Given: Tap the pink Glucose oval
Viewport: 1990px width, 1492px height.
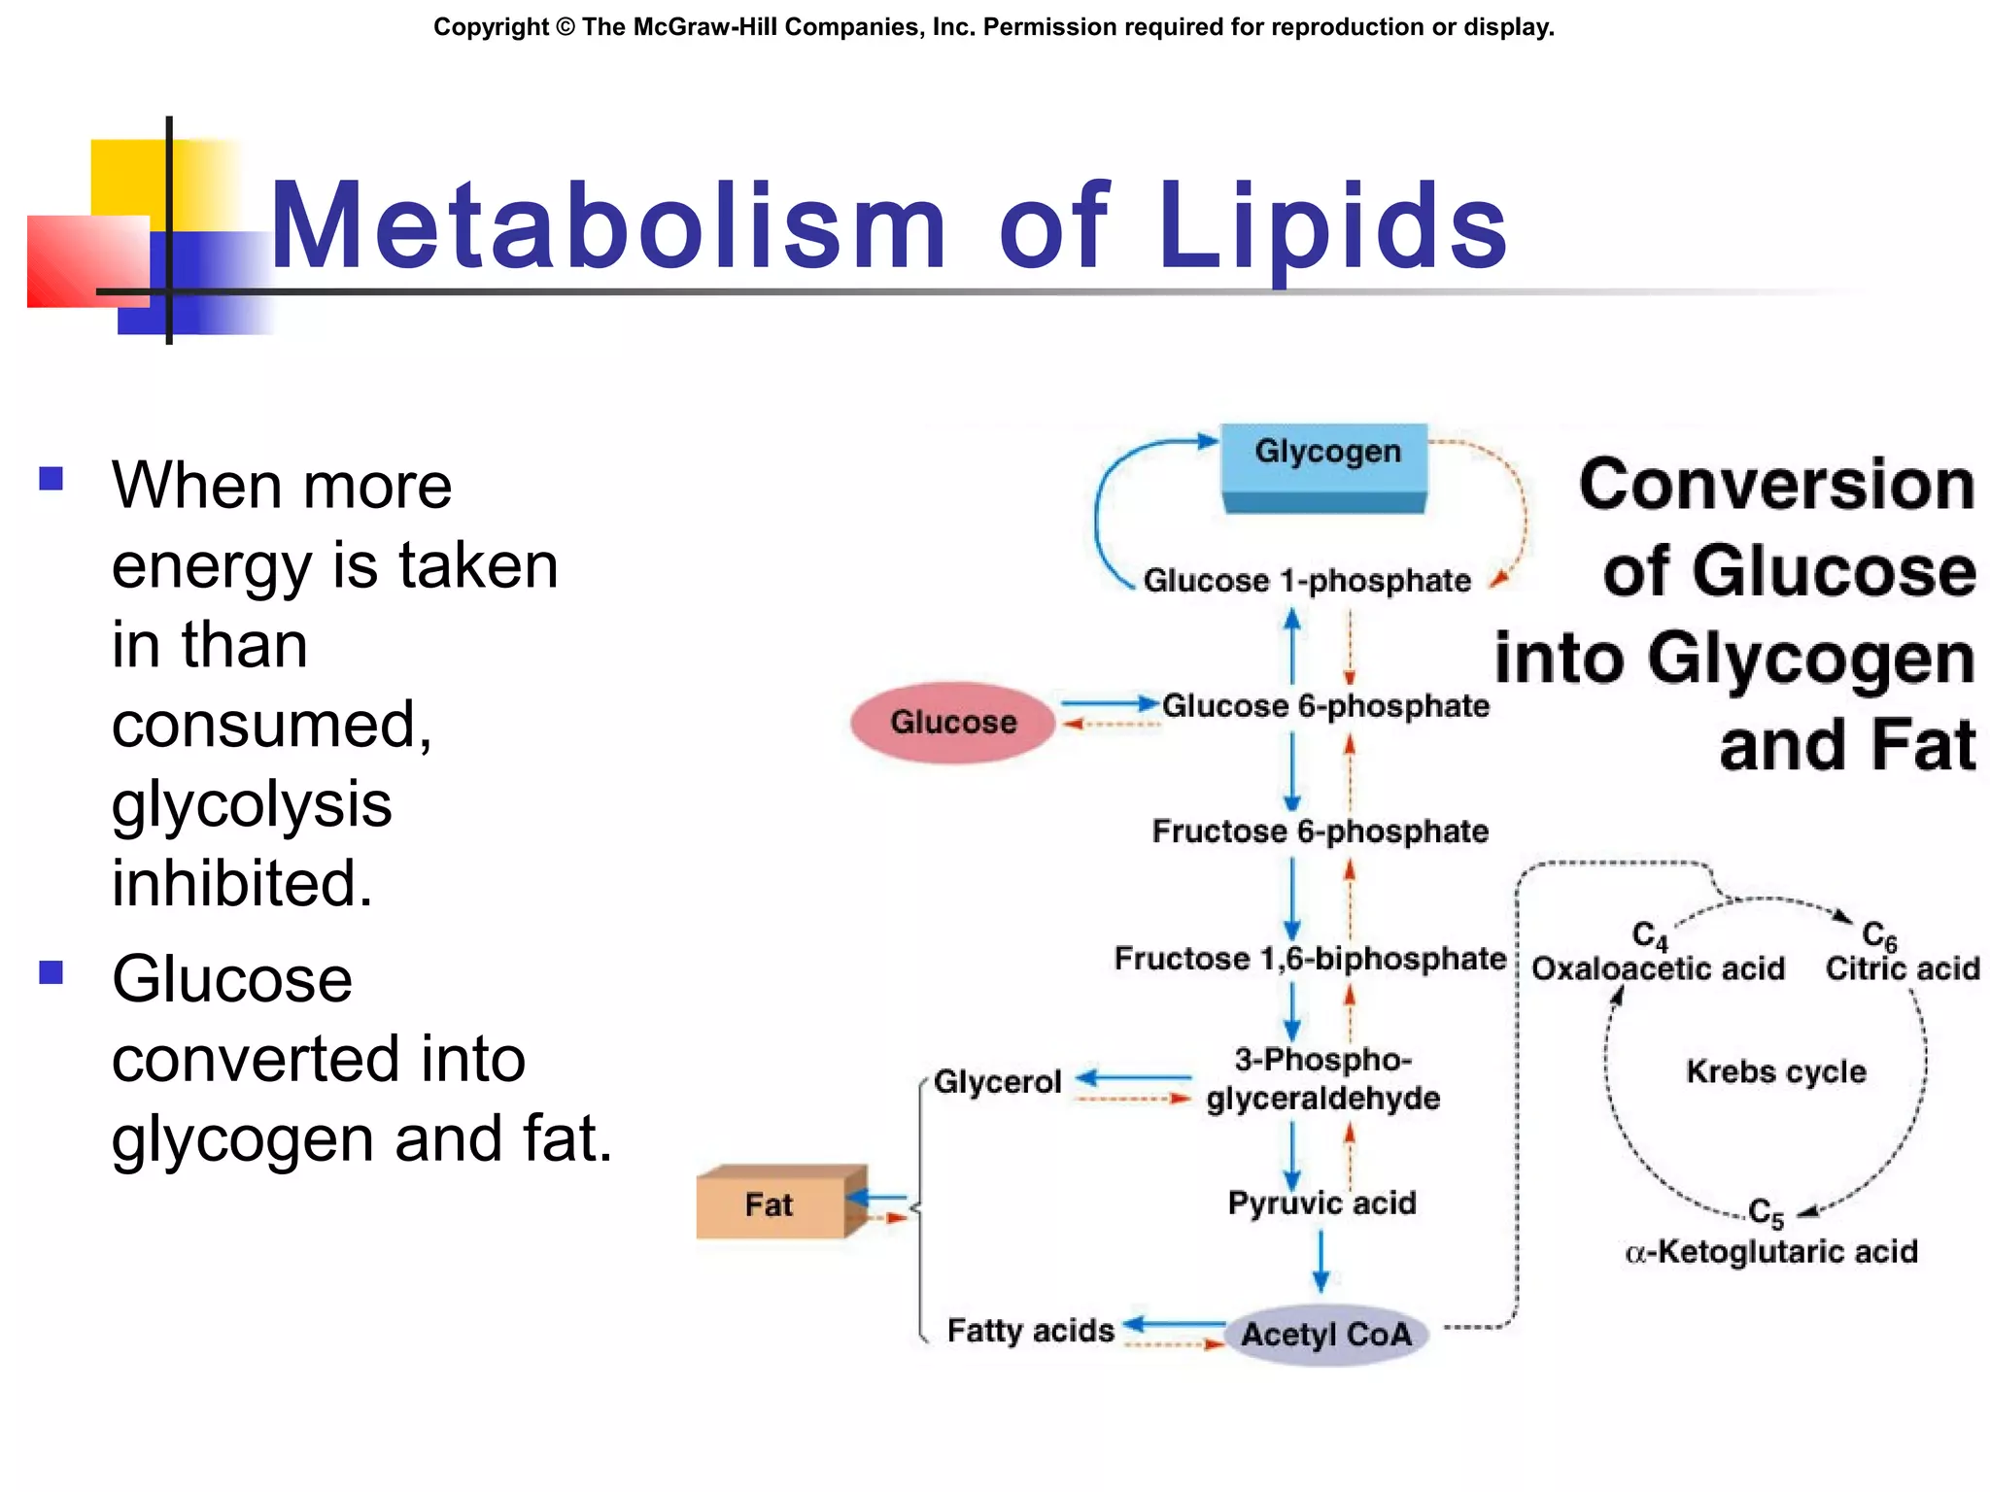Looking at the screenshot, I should point(953,722).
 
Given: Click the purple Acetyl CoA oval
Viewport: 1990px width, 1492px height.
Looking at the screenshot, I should point(1326,1335).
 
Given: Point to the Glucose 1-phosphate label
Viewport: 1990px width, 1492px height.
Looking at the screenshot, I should point(1306,581).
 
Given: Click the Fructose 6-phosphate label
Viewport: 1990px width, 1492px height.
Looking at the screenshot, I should point(1320,831).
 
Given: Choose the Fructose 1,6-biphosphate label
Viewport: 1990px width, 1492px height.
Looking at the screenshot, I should point(1309,959).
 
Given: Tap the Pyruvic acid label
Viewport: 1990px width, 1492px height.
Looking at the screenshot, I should point(1321,1204).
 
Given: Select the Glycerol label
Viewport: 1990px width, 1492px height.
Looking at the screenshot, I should point(997,1081).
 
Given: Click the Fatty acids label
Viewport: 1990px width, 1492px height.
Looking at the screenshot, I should point(1030,1330).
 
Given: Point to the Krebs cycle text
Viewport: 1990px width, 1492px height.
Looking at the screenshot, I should point(1775,1071).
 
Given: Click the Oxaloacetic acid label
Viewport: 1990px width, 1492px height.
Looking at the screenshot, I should point(1658,968).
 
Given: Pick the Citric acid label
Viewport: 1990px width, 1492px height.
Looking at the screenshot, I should point(1902,968).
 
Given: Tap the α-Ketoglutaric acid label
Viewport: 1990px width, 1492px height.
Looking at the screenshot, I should point(1771,1252).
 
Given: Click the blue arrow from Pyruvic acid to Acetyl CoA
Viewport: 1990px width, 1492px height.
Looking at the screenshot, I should point(1321,1260).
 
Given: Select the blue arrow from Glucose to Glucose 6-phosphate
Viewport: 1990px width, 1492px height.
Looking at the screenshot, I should point(1109,702).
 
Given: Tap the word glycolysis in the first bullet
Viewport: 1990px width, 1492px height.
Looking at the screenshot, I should point(252,804).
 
